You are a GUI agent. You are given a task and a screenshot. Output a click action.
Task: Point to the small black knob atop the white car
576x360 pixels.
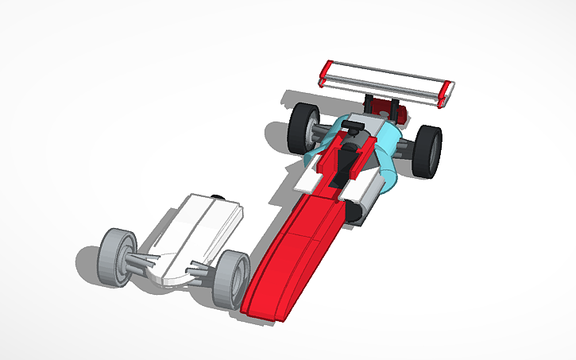pyautogui.click(x=217, y=194)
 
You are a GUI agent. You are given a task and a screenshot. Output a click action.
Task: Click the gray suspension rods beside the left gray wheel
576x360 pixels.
pyautogui.click(x=144, y=261)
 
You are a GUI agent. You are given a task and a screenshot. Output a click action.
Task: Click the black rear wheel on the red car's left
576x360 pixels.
pyautogui.click(x=303, y=126)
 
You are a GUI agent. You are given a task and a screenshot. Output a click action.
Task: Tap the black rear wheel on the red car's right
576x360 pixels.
pyautogui.click(x=427, y=152)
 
